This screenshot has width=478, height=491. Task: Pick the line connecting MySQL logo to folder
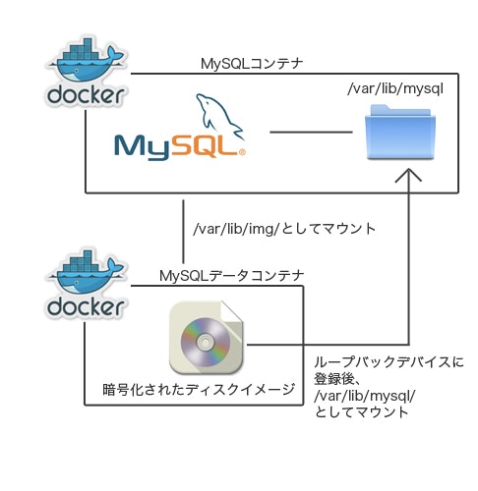pyautogui.click(x=311, y=132)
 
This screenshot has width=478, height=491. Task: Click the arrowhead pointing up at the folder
pyautogui.click(x=407, y=177)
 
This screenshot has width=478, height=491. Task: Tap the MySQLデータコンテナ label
pyautogui.click(x=231, y=276)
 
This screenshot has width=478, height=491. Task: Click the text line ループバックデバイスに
pyautogui.click(x=388, y=361)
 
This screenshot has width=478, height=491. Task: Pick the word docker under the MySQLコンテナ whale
pyautogui.click(x=86, y=95)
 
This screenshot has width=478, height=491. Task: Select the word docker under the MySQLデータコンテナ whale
pyautogui.click(x=86, y=307)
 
